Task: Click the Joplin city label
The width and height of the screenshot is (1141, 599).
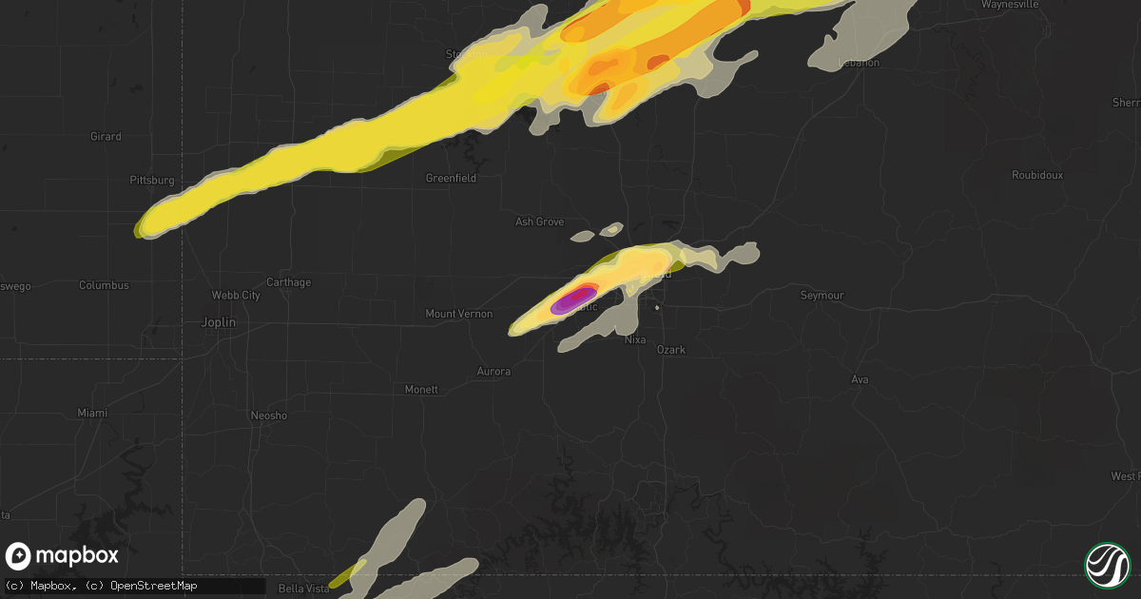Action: (219, 322)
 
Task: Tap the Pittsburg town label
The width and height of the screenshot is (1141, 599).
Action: (152, 180)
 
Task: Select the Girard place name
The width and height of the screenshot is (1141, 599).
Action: (106, 137)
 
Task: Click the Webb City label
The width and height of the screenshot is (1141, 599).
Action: (238, 296)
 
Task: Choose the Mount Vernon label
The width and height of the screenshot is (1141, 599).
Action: (458, 314)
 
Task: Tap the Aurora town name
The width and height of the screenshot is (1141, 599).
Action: (493, 372)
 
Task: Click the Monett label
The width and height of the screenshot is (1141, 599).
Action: (421, 390)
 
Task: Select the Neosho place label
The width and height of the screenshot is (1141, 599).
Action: (268, 416)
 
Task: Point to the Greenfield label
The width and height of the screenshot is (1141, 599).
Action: (451, 178)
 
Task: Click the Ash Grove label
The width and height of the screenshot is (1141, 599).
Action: (539, 222)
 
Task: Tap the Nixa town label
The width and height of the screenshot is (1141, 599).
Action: (634, 339)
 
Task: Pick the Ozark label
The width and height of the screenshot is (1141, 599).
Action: (671, 350)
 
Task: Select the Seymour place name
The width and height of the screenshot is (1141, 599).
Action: (822, 296)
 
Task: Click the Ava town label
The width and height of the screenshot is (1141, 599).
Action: (861, 380)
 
